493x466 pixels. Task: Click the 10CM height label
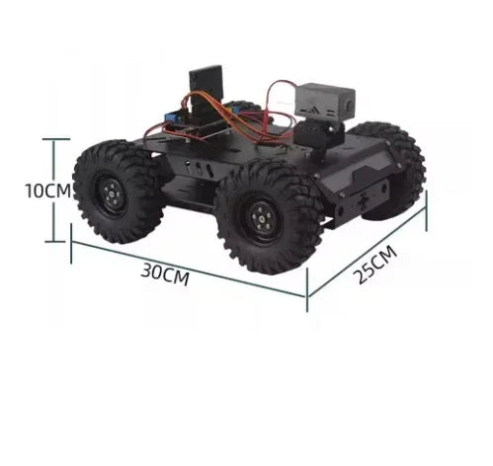(46, 191)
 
